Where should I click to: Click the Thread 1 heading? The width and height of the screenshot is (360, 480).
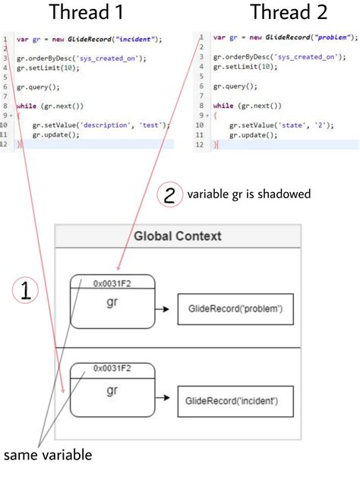coord(85,13)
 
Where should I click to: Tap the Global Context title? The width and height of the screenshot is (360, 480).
coord(178,236)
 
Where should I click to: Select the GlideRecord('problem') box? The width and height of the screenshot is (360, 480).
coord(235,309)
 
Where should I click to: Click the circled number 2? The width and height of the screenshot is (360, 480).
coord(169,196)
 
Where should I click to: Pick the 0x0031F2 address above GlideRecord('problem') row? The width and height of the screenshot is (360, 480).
coord(112,283)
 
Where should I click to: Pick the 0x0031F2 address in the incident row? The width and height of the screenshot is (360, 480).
coord(112,368)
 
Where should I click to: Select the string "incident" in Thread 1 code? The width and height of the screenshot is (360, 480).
coord(137,38)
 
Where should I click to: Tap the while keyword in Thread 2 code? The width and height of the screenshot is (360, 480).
coord(223,106)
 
